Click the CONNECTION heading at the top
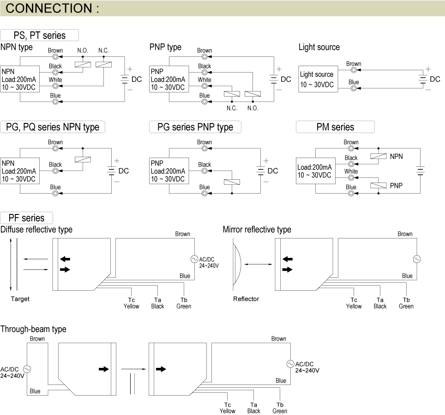tap(53, 8)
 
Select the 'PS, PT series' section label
tap(40, 36)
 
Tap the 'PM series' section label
tap(335, 127)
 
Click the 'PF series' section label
tap(27, 218)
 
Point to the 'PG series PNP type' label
tap(195, 127)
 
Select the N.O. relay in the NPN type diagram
tap(83, 65)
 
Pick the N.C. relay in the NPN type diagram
tap(104, 65)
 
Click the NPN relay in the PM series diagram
tap(378, 157)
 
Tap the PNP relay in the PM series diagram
tap(378, 186)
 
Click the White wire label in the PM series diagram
tap(351, 171)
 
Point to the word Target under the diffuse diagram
tap(20, 299)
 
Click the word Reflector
tap(246, 299)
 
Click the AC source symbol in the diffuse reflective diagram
tap(194, 259)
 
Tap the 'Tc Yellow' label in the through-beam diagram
tap(228, 408)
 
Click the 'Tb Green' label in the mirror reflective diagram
tap(406, 303)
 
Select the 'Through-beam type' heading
tap(33, 329)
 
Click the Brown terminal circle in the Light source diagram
tap(354, 70)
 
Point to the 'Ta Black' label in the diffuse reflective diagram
tap(157, 303)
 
